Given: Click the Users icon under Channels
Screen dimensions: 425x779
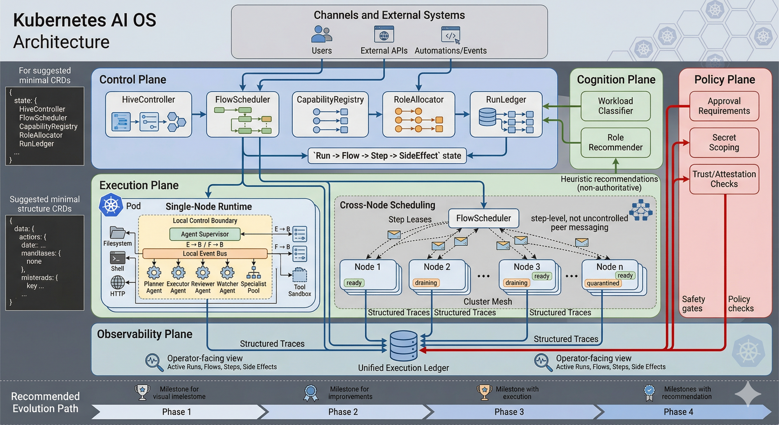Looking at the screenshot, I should click(x=321, y=34).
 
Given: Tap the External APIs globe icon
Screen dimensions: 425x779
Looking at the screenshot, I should click(x=384, y=35).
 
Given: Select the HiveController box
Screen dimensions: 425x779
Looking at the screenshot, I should click(x=148, y=114).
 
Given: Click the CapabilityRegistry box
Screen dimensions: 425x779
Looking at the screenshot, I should click(x=330, y=114).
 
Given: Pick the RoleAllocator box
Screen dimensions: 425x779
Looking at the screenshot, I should click(x=419, y=114).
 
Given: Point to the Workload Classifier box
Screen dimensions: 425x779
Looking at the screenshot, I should click(x=615, y=106).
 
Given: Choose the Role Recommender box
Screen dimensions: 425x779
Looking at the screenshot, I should click(x=615, y=143).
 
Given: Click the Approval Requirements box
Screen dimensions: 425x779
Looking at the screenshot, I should click(x=724, y=106).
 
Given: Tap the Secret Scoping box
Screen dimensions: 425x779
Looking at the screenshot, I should click(x=724, y=143).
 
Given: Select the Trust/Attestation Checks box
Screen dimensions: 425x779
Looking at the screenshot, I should click(x=724, y=179).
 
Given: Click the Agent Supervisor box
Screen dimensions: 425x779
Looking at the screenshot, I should click(x=205, y=234).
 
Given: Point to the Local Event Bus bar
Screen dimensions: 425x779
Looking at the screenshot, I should click(x=205, y=254).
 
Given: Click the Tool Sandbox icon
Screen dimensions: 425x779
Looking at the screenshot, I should click(x=300, y=275).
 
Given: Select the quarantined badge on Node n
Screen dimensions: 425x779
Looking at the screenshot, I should click(x=603, y=283).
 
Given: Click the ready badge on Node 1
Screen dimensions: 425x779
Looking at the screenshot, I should click(x=354, y=283).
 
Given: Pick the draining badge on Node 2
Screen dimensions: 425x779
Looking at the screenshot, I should click(x=426, y=283).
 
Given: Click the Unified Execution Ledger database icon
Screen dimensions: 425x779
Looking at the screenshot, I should click(x=404, y=346).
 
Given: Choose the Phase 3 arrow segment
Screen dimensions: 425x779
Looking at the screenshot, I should click(x=509, y=412).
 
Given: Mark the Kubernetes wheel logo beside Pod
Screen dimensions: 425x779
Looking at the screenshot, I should click(x=111, y=205).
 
